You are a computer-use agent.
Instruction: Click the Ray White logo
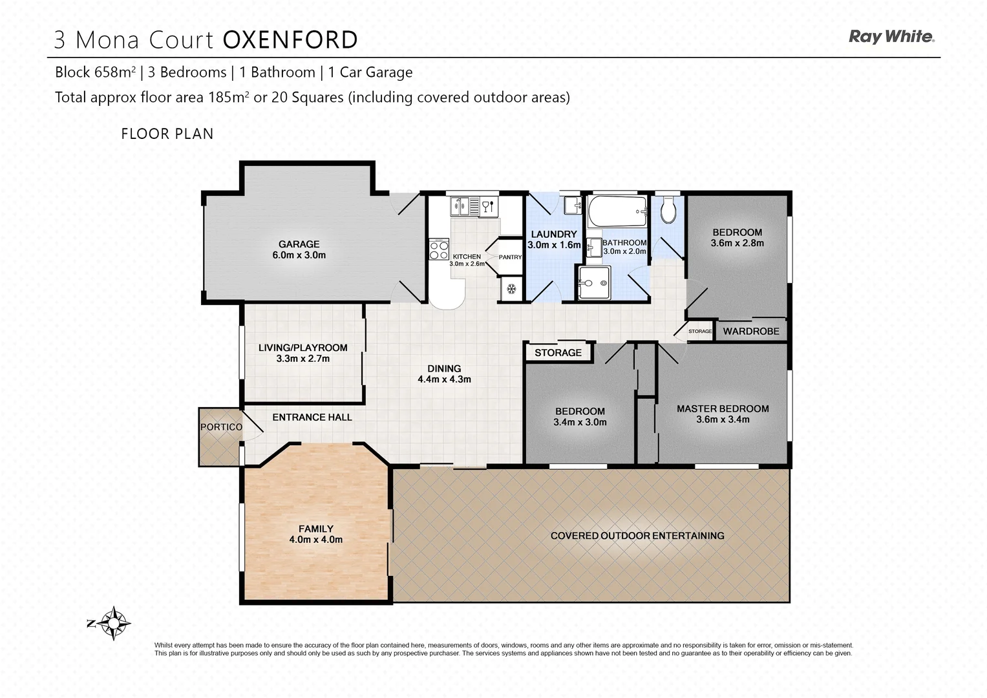tap(891, 37)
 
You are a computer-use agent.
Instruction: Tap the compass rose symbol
tap(114, 623)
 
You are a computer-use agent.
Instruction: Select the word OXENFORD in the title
tap(290, 40)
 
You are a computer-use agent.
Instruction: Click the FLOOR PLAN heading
tap(167, 134)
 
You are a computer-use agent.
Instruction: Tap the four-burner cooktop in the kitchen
tap(440, 249)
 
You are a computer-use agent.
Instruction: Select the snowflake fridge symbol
tap(511, 289)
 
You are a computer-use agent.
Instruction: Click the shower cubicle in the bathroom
tap(594, 283)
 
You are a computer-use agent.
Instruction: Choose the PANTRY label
tap(510, 257)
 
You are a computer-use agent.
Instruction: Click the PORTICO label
tap(221, 427)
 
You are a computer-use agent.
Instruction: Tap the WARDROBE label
tap(751, 331)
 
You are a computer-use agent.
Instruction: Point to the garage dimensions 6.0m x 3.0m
tap(299, 255)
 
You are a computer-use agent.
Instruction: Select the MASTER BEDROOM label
tap(723, 408)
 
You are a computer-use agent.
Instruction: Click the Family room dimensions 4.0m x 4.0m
tap(315, 540)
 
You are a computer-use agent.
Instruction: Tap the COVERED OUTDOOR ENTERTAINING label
tap(637, 536)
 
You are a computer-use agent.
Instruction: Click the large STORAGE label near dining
tap(558, 352)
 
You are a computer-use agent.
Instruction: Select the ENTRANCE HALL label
tap(312, 418)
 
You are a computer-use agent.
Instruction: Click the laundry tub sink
tap(572, 206)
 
